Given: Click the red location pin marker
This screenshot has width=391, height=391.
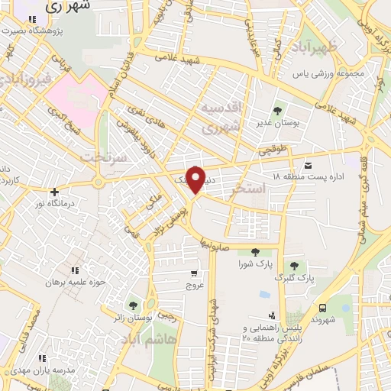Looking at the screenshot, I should (196, 179).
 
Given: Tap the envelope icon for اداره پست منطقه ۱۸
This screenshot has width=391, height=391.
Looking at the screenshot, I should (307, 165).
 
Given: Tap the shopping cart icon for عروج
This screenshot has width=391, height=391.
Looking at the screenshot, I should (195, 273).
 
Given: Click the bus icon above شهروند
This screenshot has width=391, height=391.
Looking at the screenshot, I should (324, 308).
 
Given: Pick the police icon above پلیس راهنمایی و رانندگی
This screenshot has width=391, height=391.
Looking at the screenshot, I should (271, 315).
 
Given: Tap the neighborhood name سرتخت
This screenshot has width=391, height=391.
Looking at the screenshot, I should (99, 156).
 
